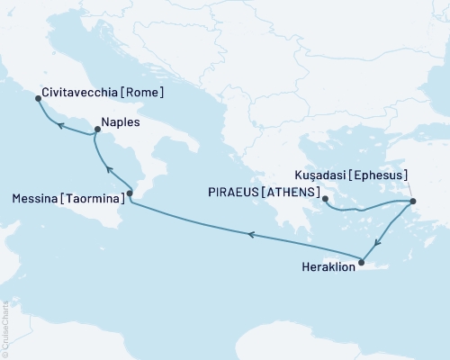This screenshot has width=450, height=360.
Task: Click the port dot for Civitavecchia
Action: point(37,99)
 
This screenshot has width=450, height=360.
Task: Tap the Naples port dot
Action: point(95,131)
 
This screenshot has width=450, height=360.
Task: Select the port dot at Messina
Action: point(130,193)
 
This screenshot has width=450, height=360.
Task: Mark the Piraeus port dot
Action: point(326,200)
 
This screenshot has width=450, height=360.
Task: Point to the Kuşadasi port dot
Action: point(413,201)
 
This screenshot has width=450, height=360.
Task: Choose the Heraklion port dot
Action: point(362,263)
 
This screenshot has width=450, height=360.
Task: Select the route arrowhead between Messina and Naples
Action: point(108,169)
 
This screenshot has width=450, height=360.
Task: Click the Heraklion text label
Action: point(323,267)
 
